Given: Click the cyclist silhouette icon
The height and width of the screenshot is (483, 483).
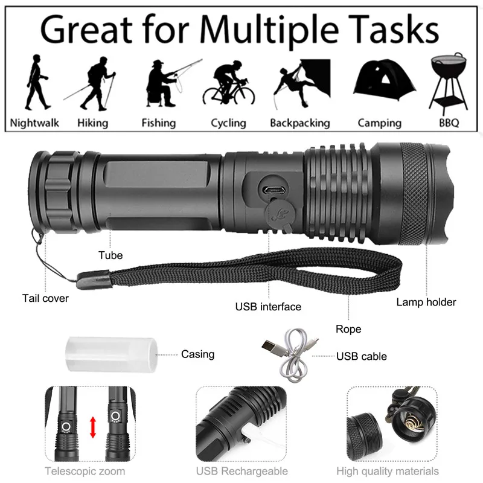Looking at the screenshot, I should [228, 85].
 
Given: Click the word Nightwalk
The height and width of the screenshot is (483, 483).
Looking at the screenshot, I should [35, 123].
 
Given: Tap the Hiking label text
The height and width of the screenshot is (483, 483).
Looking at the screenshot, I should [92, 123].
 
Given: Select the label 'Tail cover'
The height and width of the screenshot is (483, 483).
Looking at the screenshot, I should [46, 298].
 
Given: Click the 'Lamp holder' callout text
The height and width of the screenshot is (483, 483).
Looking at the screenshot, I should [426, 302].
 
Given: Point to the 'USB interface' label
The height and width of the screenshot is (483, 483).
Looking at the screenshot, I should [268, 307].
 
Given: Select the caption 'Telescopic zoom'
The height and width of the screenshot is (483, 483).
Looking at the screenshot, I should [85, 471].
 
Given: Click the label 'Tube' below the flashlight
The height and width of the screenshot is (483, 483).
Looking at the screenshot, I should [110, 255].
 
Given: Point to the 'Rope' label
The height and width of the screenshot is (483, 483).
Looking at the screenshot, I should [348, 329].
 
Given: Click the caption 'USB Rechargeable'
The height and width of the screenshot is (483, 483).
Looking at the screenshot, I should [241, 471].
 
